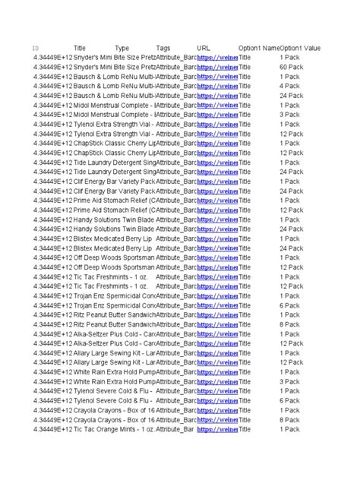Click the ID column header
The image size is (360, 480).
36,48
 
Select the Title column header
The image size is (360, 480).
79,48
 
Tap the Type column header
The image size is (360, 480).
122,48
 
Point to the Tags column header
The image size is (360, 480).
163,48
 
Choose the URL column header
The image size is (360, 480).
204,48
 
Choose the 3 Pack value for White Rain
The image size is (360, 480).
289,381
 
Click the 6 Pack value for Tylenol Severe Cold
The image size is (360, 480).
289,400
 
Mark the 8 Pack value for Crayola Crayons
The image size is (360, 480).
289,419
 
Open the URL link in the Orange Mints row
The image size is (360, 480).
217,429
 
